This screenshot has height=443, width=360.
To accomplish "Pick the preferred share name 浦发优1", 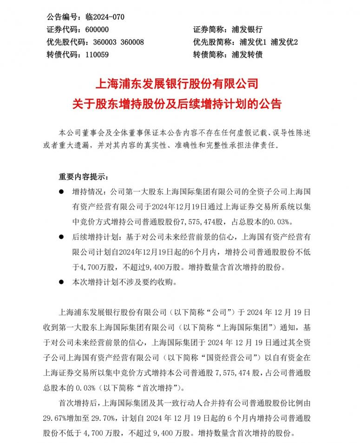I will click(255, 42).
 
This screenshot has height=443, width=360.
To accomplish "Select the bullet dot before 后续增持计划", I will click(61, 237).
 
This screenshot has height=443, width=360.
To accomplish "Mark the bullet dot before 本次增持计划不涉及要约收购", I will click(61, 282).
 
